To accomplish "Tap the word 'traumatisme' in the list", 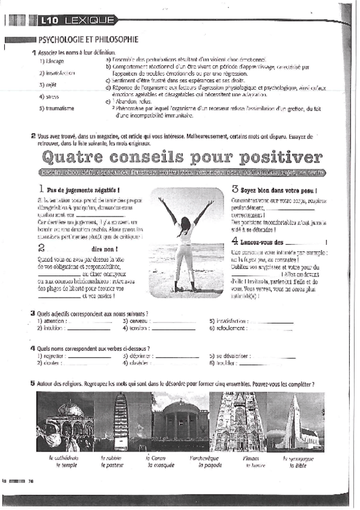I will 56,108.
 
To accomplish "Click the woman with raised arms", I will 186,240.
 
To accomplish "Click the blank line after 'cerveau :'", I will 175,321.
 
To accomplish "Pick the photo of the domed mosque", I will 64,422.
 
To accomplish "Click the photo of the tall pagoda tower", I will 121,422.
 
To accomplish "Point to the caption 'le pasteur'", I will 112,465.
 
